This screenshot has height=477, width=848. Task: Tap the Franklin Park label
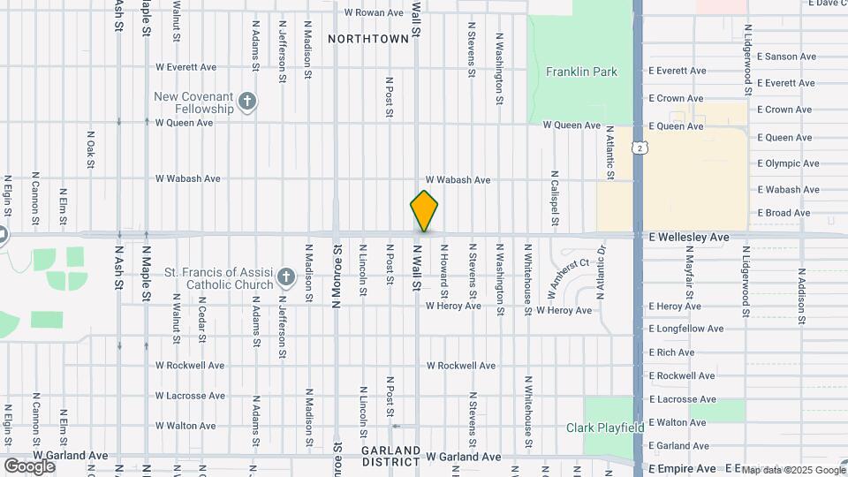click(x=581, y=72)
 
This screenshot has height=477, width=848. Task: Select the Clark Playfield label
click(x=605, y=428)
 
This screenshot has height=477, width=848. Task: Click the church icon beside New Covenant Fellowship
click(x=247, y=102)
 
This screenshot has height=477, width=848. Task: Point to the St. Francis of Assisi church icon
click(x=285, y=278)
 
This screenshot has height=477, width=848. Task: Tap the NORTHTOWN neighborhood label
click(x=368, y=39)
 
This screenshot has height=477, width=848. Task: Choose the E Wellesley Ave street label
click(x=688, y=238)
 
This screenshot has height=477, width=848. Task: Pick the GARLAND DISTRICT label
click(x=390, y=456)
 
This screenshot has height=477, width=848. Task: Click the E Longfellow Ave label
click(x=686, y=329)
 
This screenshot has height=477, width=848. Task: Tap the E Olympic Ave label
click(x=789, y=163)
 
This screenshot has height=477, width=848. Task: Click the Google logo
click(x=29, y=466)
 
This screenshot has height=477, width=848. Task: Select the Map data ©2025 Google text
click(x=792, y=470)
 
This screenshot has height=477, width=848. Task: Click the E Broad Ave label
click(x=784, y=213)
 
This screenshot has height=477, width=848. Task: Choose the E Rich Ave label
click(x=671, y=352)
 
